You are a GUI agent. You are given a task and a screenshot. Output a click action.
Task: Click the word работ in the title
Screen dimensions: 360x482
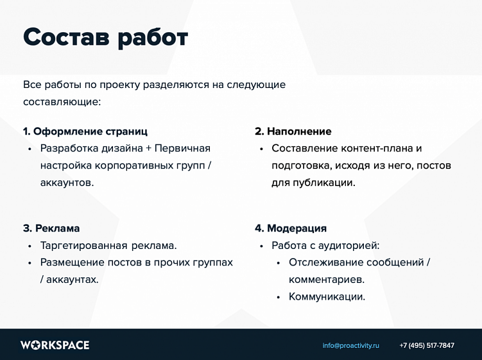click(x=152, y=37)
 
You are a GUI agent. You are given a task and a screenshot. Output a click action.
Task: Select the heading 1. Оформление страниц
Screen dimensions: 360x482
click(x=85, y=132)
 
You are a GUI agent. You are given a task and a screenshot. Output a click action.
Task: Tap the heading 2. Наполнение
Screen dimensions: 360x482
click(x=293, y=132)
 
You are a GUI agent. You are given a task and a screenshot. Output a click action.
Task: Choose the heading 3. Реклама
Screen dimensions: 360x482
click(x=51, y=228)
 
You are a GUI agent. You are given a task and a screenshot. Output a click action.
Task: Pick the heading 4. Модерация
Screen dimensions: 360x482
click(x=290, y=228)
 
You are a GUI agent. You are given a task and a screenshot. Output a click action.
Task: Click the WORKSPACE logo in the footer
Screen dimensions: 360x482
click(x=55, y=345)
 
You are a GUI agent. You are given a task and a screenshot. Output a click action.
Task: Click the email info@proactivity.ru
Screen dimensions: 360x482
click(x=350, y=345)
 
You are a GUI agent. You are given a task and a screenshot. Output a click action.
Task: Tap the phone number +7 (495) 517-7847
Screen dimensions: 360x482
click(x=427, y=345)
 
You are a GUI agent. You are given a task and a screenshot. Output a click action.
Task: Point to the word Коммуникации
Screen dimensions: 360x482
click(x=326, y=296)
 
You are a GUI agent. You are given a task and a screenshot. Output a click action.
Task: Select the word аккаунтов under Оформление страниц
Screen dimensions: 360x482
click(x=66, y=182)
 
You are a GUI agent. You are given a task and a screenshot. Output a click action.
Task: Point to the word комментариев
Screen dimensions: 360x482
click(x=325, y=280)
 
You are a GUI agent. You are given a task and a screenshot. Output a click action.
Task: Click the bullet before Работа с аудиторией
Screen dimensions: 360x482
click(x=261, y=246)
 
